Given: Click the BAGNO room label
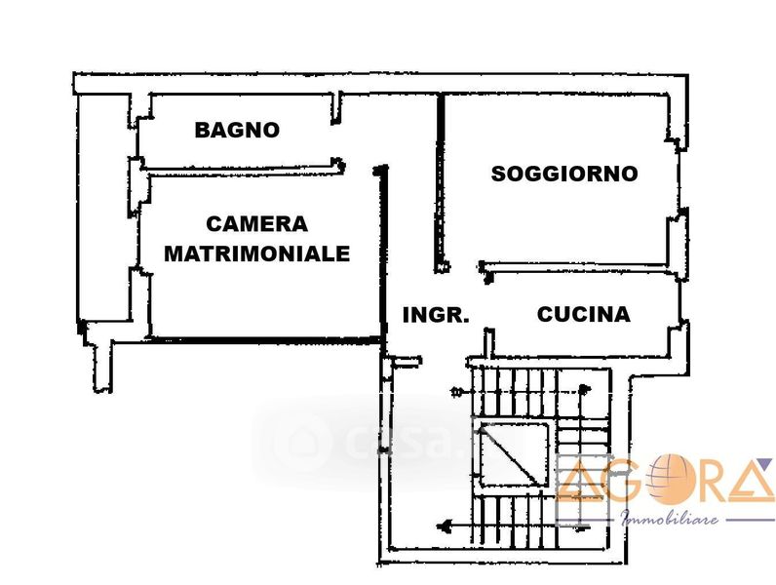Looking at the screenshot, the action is click(237, 130).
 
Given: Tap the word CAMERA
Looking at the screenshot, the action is click(257, 224).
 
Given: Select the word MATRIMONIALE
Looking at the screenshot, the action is click(256, 254).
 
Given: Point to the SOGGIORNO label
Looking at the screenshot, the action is click(564, 175).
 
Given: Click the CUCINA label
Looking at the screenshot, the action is click(583, 315).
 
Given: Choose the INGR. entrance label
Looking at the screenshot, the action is click(436, 316).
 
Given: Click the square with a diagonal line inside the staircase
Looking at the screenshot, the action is click(510, 455).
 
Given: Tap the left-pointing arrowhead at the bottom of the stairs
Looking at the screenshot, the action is click(445, 526).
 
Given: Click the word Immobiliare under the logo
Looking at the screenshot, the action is click(670, 518).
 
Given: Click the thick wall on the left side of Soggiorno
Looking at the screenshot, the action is click(441, 180).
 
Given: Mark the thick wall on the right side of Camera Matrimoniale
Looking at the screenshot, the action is click(383, 253).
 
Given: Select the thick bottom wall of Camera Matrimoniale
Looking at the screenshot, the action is click(263, 339).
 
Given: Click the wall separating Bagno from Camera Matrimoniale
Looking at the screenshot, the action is click(239, 165).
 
